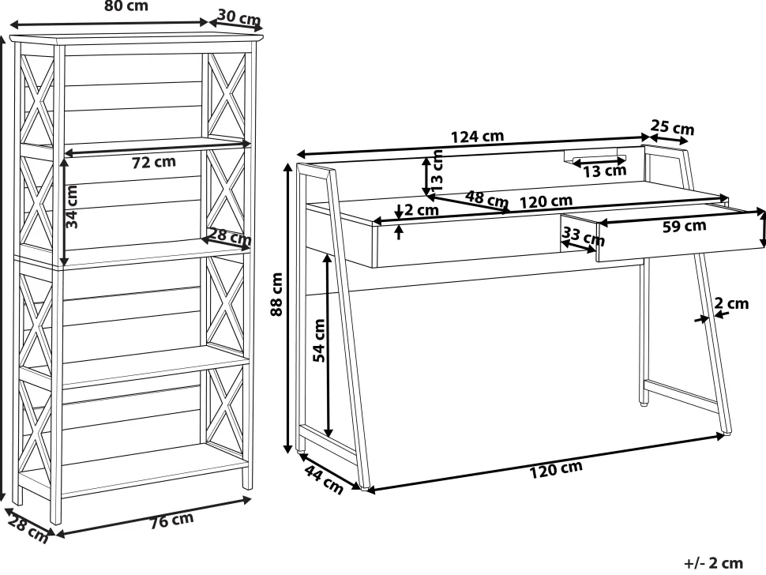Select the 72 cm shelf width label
[154, 163]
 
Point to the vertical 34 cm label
[73, 207]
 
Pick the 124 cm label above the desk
[477, 136]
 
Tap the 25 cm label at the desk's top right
[672, 128]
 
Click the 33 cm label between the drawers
[583, 236]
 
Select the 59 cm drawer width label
[684, 227]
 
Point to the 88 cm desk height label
[276, 295]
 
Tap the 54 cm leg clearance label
[320, 340]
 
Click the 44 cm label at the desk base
[324, 481]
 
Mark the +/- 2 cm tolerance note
[714, 562]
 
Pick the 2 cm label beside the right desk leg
[732, 303]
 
